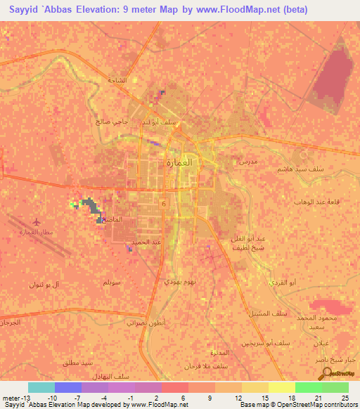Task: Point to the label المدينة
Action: pos(220,351)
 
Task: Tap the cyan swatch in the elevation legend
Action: pos(41,387)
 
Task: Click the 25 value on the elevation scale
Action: pos(345,398)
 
